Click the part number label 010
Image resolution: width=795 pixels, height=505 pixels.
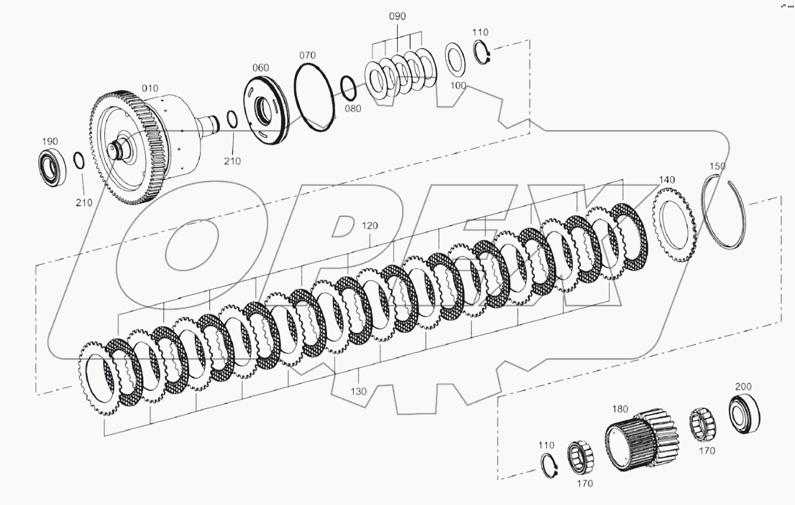tap(150, 88)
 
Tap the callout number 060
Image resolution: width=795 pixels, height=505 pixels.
tap(261, 67)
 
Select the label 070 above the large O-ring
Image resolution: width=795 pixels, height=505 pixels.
tap(307, 55)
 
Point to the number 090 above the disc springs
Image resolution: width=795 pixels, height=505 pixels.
tap(397, 16)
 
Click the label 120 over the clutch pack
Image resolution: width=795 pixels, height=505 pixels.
tap(369, 225)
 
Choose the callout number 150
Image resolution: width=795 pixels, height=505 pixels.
tap(718, 166)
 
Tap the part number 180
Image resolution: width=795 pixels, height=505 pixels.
tap(620, 409)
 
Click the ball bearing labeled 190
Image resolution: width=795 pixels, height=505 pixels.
tap(53, 167)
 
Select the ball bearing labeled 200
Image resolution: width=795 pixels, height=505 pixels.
tap(744, 414)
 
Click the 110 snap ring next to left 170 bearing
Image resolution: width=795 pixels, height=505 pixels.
tap(549, 466)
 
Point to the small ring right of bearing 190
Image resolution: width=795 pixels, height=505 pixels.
tap(79, 160)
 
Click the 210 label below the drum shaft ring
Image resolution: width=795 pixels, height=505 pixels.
tap(232, 161)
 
